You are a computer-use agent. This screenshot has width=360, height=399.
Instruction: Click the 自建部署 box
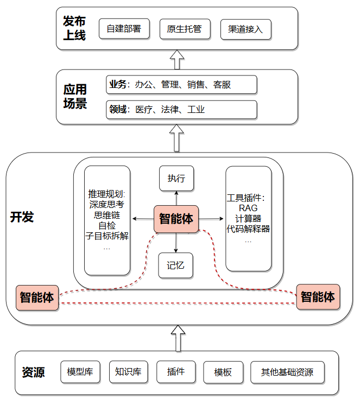coord(124,29)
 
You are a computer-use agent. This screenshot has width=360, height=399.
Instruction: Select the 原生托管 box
coord(185,29)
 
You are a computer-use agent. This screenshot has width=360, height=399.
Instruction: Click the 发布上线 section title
coord(74,28)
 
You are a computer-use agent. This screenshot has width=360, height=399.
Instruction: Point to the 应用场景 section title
coord(75,97)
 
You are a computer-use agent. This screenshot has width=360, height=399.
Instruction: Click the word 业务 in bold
coord(117,84)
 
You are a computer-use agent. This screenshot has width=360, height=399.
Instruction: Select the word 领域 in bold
coord(117,109)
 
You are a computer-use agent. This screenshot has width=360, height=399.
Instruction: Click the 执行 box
coord(176,179)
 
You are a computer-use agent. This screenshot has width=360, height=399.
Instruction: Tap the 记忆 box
coord(176,265)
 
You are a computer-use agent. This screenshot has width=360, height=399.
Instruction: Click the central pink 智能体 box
coord(176,219)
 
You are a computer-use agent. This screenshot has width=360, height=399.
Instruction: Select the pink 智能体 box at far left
coord(37,297)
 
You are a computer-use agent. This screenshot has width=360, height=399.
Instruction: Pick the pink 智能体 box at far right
coord(318,297)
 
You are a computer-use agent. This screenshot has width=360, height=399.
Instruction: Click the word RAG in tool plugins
coord(248,208)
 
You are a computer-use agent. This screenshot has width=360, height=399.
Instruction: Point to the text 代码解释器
coord(248,229)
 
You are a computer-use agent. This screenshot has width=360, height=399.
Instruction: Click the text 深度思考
coord(106,205)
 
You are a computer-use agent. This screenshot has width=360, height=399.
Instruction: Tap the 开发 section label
coord(22,217)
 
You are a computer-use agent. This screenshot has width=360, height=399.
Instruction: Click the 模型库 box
coord(80,372)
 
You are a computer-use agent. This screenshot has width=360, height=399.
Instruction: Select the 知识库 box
coord(128,372)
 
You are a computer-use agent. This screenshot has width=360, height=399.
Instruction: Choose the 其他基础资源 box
coord(287,372)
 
